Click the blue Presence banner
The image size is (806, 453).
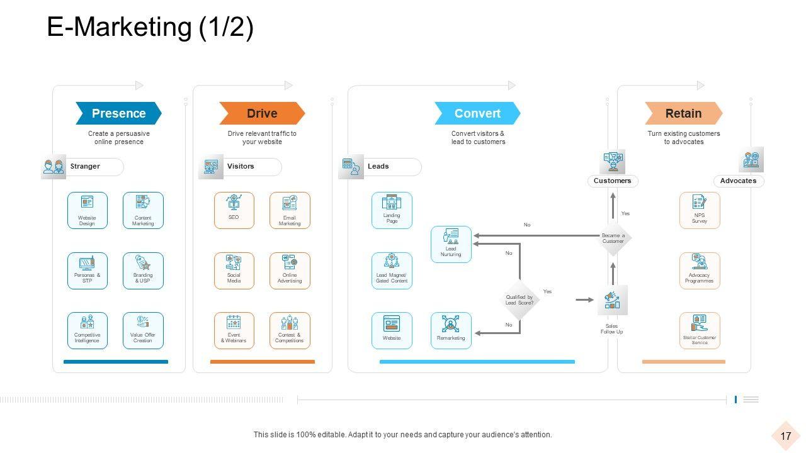(118, 113)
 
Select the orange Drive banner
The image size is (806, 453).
(262, 113)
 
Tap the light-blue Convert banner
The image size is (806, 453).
(477, 113)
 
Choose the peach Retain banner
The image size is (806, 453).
(683, 113)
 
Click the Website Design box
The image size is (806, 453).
(88, 210)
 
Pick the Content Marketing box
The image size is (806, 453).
(143, 210)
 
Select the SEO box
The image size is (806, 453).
(234, 210)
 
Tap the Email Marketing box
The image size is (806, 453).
(290, 210)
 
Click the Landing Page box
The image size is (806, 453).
(392, 210)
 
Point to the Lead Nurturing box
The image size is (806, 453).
(451, 244)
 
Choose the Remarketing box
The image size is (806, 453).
(451, 330)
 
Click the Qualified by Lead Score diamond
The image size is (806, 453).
(519, 300)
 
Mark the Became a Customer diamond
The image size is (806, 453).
(613, 238)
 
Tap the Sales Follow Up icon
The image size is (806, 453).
(612, 301)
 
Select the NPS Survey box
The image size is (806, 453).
(700, 210)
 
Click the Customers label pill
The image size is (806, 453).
(613, 181)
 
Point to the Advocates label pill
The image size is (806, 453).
(739, 181)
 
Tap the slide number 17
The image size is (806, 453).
(785, 436)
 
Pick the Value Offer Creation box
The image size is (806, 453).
(143, 330)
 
